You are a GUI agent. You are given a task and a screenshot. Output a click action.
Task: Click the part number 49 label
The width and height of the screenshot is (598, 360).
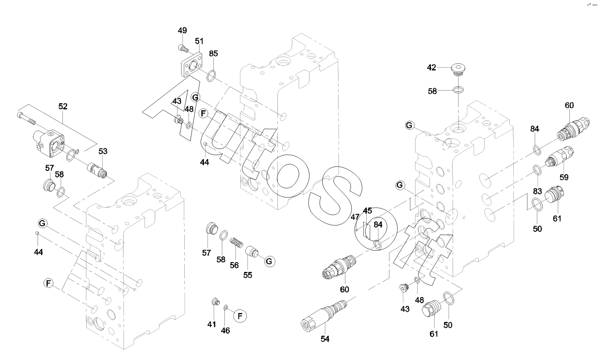click(183, 30)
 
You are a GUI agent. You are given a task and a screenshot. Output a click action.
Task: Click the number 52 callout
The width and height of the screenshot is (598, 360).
click(63, 106)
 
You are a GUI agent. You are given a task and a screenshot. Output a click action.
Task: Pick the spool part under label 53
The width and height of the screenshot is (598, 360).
click(97, 169)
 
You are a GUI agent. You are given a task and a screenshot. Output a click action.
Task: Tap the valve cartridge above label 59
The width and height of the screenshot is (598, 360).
click(559, 157)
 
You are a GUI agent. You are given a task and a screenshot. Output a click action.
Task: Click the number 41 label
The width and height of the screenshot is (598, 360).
click(212, 325)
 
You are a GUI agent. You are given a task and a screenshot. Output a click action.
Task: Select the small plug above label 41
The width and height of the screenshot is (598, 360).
click(216, 303)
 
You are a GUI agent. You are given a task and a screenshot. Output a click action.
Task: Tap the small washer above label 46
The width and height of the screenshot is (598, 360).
click(226, 307)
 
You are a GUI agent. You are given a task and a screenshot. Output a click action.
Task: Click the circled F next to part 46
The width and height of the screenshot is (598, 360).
click(240, 316)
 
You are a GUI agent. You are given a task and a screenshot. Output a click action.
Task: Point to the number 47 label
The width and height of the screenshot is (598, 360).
click(355, 217)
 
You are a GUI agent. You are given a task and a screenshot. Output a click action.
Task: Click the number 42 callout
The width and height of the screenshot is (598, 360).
click(432, 67)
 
